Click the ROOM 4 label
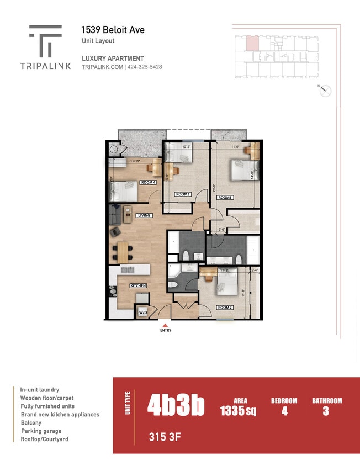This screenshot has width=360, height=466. [148, 182]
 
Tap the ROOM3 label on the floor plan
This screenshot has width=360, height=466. [183, 194]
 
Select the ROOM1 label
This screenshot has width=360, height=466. [225, 197]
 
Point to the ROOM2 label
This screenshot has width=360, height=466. [225, 308]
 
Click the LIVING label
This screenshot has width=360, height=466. [144, 215]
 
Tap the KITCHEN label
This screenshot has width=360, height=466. [138, 285]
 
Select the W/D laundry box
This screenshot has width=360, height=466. [143, 313]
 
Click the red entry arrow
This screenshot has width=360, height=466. [166, 325]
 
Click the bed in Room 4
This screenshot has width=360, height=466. [123, 192]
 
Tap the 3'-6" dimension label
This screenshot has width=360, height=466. [223, 229]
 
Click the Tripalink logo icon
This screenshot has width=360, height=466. [45, 41]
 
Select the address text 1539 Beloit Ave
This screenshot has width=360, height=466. [113, 30]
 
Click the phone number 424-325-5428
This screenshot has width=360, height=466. [145, 67]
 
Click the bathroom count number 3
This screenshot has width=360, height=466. [326, 411]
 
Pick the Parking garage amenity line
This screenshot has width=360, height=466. [41, 431]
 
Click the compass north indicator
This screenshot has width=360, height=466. [325, 91]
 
